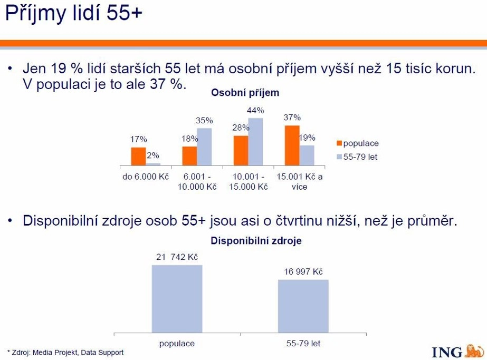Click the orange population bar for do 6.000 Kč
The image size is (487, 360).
pyautogui.click(x=138, y=157)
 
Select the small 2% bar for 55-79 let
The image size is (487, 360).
pyautogui.click(x=153, y=164)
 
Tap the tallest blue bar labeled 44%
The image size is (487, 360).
pyautogui.click(x=255, y=142)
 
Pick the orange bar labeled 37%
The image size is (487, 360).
pyautogui.click(x=292, y=145)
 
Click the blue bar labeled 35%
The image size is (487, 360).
pyautogui.click(x=204, y=147)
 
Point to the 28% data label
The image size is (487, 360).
pyautogui.click(x=241, y=128)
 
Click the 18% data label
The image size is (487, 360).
pyautogui.click(x=190, y=139)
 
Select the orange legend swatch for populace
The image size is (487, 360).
pyautogui.click(x=339, y=143)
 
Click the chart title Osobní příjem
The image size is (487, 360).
pyautogui.click(x=245, y=93)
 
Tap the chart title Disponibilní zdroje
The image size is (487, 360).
pyautogui.click(x=256, y=241)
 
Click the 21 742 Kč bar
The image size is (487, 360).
pyautogui.click(x=177, y=299)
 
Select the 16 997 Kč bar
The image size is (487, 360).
pyautogui.click(x=303, y=306)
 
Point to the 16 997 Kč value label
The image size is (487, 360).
pyautogui.click(x=303, y=272)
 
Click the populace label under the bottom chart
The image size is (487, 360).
pyautogui.click(x=177, y=344)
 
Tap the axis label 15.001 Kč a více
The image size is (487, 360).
pyautogui.click(x=299, y=181)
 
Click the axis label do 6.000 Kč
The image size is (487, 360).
pyautogui.click(x=146, y=177)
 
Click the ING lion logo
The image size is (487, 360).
pyautogui.click(x=474, y=351)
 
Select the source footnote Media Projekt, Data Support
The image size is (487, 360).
pyautogui.click(x=78, y=353)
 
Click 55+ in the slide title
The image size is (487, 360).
pyautogui.click(x=124, y=14)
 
